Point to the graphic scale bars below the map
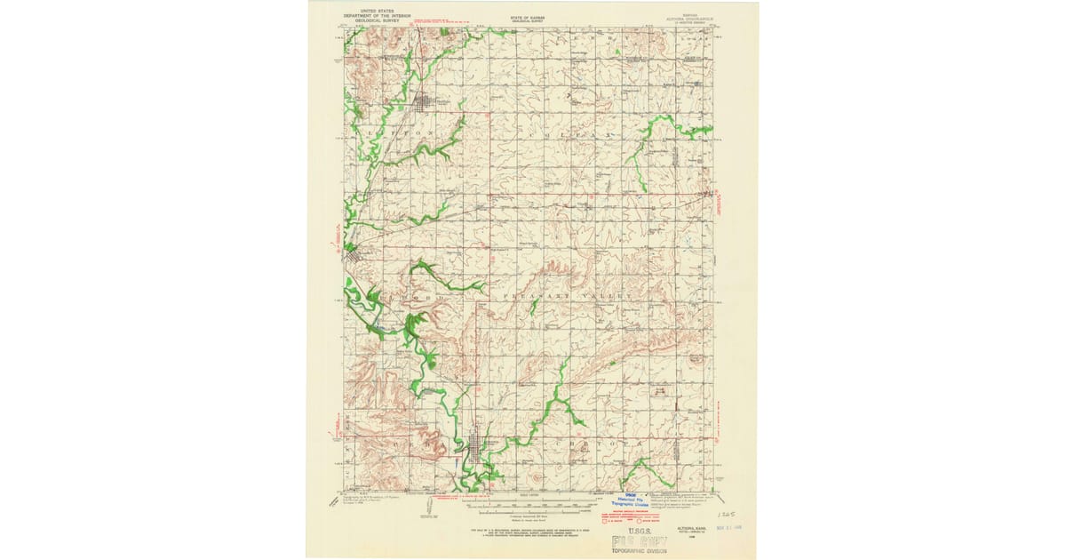[x=528, y=511]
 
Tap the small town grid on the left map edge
[x=354, y=257]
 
